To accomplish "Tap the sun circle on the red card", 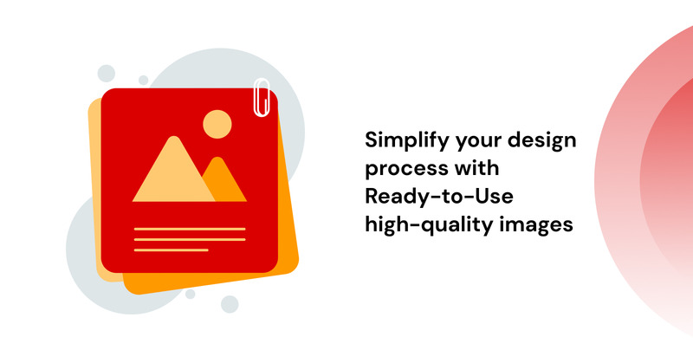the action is point(217,124).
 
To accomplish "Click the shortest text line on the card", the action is point(171,250).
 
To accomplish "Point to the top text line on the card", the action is point(190,229).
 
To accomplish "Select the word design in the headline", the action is point(541,139).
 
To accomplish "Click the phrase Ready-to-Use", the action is point(439,197).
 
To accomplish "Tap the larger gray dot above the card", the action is point(106,74).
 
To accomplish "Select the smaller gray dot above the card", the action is point(143,80).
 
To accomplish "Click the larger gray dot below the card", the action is point(230,304).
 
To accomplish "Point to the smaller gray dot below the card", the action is point(190,294).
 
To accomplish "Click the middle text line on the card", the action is point(190,240).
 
